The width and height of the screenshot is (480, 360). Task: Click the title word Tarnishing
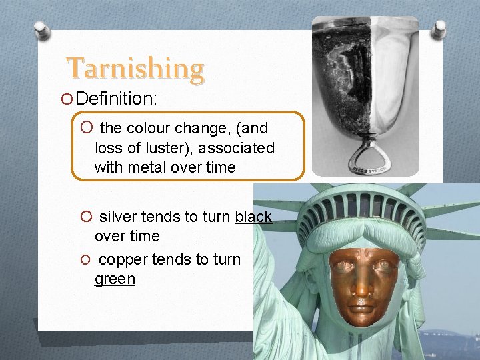point(135,69)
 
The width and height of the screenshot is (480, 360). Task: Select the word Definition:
point(117,99)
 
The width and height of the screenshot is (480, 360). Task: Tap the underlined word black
point(253,217)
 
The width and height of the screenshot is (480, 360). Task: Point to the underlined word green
point(115,279)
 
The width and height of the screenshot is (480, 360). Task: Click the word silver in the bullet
point(118,217)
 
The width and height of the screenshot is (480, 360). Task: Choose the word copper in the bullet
point(123,259)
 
